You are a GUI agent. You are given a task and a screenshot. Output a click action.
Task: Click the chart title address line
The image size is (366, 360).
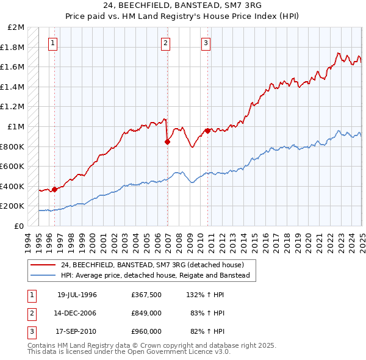(183, 6)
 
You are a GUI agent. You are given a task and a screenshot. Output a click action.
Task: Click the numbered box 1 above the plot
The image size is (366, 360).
(54, 43)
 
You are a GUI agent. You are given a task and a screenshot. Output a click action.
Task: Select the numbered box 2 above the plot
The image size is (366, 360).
(166, 43)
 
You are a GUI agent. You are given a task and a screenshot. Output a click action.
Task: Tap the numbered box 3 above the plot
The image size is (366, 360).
(206, 43)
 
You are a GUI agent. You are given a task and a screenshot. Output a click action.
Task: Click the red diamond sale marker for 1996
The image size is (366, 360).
(54, 189)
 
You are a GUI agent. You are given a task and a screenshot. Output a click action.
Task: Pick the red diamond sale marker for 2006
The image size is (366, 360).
(167, 142)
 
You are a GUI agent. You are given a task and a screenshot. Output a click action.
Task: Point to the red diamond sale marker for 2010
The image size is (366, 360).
(207, 131)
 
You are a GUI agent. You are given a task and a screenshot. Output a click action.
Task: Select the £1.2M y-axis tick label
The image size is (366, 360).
(13, 107)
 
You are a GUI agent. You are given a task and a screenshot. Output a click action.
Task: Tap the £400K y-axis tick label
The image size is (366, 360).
(13, 186)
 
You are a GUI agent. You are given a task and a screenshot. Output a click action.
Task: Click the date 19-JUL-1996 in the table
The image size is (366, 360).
(77, 295)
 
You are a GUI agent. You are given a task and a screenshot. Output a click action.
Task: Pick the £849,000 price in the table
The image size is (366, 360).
(146, 313)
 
